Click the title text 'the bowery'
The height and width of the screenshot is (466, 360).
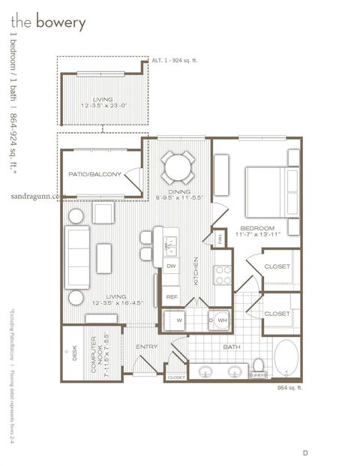(x=48, y=23)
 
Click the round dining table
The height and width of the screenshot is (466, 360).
(x=178, y=167)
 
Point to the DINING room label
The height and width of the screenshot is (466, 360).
(x=178, y=192)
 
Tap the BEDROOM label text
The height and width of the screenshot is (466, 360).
(x=257, y=228)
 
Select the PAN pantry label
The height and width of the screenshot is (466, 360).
(x=219, y=238)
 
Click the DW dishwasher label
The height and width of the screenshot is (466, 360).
(x=171, y=266)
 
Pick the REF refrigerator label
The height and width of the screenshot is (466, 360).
(x=171, y=297)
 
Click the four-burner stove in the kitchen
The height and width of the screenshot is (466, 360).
(x=223, y=275)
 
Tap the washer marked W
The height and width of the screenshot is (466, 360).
(x=178, y=320)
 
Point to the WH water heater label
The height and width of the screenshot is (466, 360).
(x=222, y=320)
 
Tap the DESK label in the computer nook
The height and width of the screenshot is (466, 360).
(x=73, y=353)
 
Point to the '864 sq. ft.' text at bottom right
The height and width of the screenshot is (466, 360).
(x=289, y=387)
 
